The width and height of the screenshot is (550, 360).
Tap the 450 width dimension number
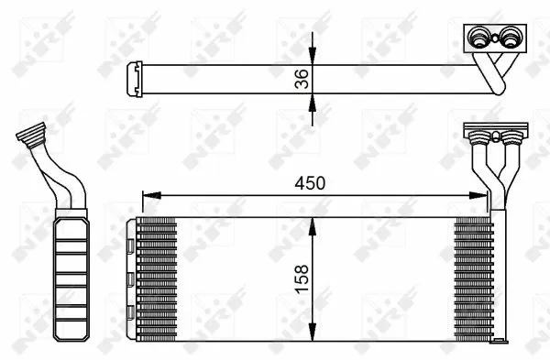point(310,183)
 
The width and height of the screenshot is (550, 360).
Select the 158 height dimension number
point(303,276)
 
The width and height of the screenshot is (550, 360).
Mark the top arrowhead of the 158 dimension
point(314,224)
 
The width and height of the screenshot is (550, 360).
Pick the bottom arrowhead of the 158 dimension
point(314,333)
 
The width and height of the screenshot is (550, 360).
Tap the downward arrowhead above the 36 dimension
point(314,57)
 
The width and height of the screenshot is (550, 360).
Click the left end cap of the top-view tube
point(134,78)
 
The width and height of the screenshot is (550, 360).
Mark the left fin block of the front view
point(158,279)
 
